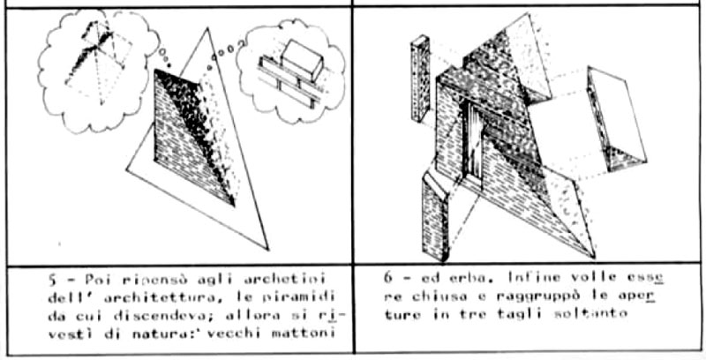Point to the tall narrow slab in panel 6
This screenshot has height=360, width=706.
click(417, 80)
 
